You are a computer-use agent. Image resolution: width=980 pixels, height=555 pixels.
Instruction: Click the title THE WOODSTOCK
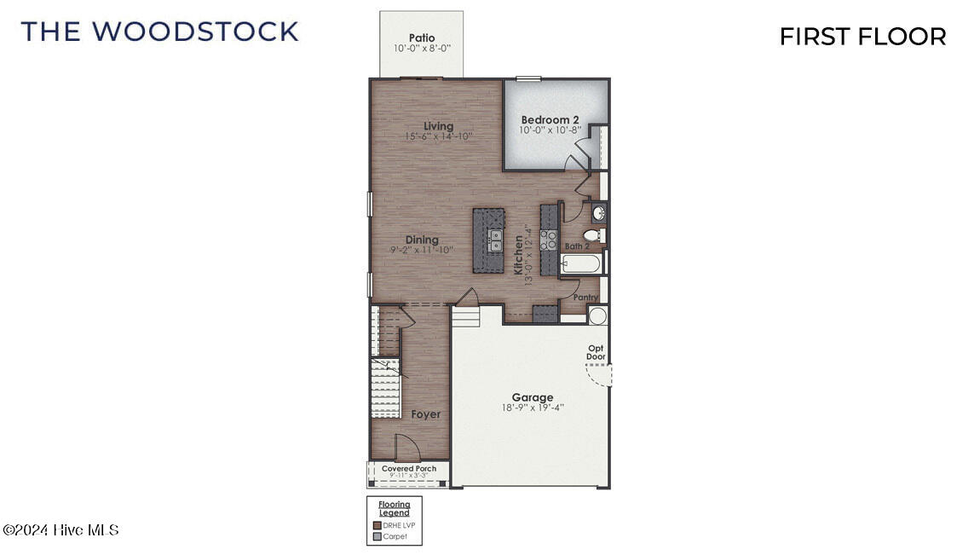[x=160, y=32]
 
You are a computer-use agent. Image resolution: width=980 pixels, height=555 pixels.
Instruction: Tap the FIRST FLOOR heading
[x=862, y=37]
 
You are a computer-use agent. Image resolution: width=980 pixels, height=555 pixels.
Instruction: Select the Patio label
[x=422, y=38]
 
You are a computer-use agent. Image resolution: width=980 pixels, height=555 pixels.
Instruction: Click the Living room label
[x=439, y=126]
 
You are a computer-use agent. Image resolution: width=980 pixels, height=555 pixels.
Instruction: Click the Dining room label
[x=422, y=240]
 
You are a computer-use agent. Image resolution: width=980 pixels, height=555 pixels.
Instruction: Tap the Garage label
[x=533, y=397]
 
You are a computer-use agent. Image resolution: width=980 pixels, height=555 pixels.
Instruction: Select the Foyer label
[x=426, y=414]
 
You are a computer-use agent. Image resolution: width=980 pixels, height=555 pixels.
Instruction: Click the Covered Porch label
[x=409, y=469]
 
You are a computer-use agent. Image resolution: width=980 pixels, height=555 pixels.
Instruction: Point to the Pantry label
[x=585, y=298]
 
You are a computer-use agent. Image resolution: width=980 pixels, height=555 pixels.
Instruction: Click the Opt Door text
[x=597, y=352]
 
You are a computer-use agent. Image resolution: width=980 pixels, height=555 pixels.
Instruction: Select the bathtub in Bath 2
[x=581, y=263]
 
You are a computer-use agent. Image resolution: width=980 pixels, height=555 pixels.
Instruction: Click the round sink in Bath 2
[x=599, y=212]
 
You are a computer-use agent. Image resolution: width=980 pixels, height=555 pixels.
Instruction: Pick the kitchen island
[x=490, y=240]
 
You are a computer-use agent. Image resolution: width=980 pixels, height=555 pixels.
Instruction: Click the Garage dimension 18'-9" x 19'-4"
[x=533, y=408]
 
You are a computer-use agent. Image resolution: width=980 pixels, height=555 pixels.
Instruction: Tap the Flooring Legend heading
[x=394, y=509]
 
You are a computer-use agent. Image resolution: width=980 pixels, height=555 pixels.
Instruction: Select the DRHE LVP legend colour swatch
[x=377, y=525]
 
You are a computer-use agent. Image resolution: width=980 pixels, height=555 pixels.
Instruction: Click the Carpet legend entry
[x=395, y=536]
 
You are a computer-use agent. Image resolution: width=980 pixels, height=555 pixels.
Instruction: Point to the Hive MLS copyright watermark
[x=61, y=530]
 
